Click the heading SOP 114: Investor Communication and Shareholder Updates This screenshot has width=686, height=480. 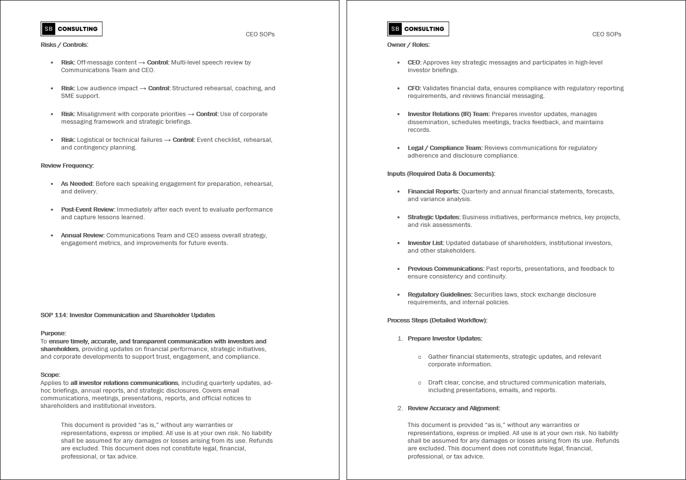[127, 315]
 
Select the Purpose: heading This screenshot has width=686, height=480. [53, 333]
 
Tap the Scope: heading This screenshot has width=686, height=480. [51, 375]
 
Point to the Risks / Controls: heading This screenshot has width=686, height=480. [64, 45]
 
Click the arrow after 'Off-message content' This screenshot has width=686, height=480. [142, 63]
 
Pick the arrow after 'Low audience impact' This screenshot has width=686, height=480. [143, 88]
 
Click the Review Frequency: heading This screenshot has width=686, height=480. [67, 166]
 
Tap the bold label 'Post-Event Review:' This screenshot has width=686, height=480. [88, 210]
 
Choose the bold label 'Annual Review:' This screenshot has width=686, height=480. [83, 235]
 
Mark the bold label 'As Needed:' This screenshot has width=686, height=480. [77, 184]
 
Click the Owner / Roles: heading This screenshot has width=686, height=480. [408, 45]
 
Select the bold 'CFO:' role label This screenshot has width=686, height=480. [414, 88]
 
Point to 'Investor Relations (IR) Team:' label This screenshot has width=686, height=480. [448, 114]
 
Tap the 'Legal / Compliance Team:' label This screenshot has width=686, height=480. [445, 148]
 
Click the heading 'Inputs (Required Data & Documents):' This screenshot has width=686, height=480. [441, 174]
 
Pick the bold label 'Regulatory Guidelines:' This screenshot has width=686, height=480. [440, 295]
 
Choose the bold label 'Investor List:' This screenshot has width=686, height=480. [426, 243]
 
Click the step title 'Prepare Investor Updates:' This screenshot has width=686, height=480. [445, 339]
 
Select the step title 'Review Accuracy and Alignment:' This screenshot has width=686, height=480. [454, 408]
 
